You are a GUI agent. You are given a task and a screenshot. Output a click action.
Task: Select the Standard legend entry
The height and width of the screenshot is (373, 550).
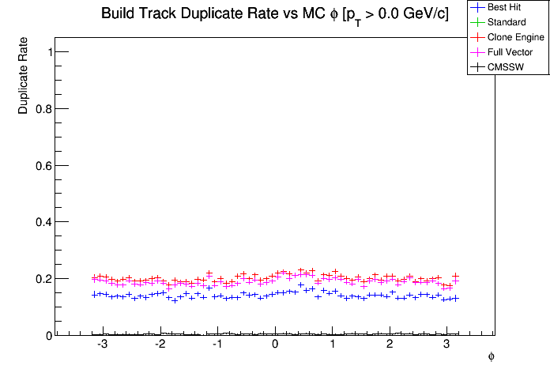tap(506, 22)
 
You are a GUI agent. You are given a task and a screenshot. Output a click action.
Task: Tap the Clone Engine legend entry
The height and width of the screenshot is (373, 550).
tap(514, 37)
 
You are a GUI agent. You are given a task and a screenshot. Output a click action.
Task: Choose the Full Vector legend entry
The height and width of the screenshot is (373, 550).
tap(510, 52)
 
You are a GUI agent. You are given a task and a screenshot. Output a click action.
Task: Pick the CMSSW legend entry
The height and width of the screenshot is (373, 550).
tap(507, 67)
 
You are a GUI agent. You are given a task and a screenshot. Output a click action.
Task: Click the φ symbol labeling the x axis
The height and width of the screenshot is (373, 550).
tap(491, 357)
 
